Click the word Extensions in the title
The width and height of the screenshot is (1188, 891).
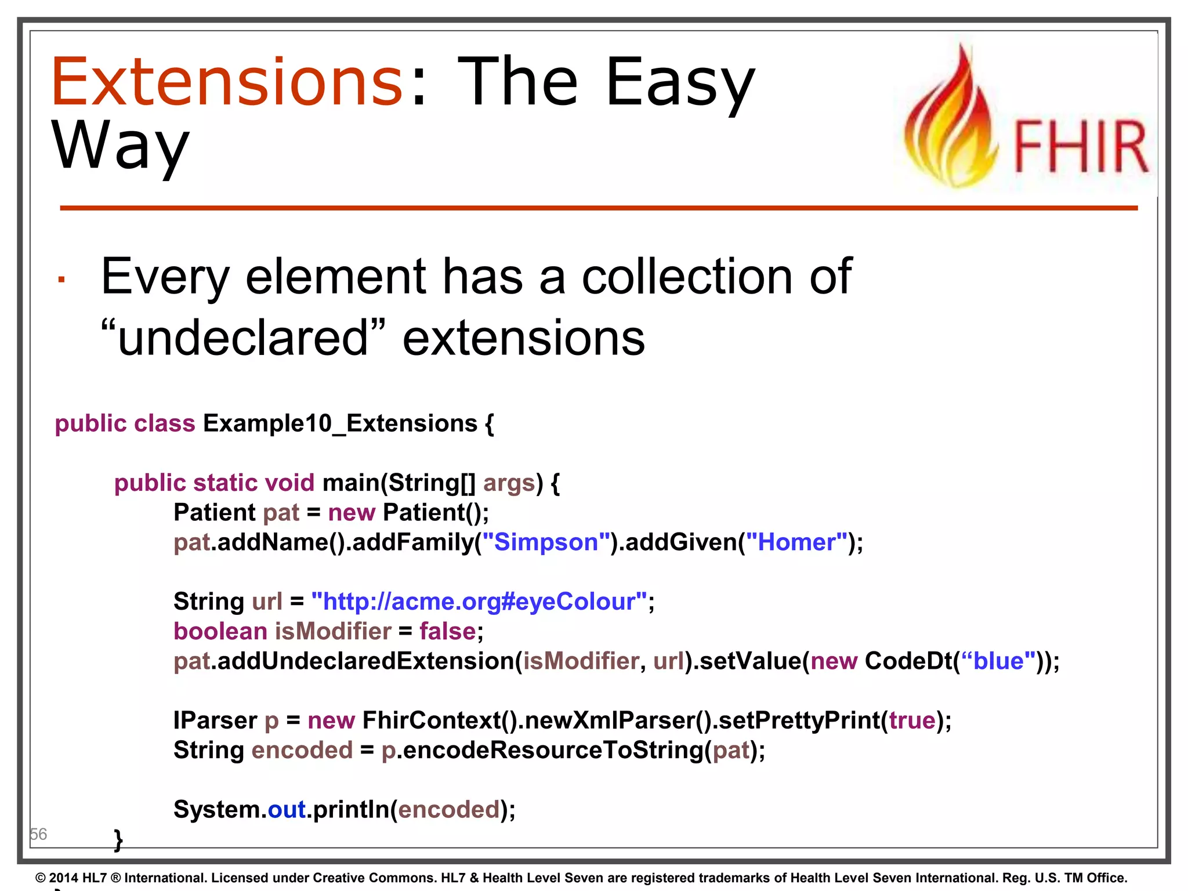(226, 82)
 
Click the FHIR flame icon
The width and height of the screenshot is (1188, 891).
(952, 122)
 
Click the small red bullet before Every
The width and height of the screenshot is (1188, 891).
(61, 280)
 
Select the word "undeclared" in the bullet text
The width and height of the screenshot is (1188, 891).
(242, 338)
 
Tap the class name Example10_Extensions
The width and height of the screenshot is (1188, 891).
(340, 423)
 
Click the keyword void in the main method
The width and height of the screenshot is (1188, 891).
(289, 483)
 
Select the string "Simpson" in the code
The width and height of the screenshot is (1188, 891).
(546, 542)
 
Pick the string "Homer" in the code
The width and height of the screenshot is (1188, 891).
(796, 542)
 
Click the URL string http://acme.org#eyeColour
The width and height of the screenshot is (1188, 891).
(479, 602)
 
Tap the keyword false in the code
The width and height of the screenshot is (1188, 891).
(447, 631)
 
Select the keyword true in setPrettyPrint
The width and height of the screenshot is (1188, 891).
(912, 720)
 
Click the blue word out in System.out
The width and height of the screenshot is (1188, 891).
(287, 809)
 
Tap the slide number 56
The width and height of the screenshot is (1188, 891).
(38, 834)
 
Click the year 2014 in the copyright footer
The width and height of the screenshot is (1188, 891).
(63, 878)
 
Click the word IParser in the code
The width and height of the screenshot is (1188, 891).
(215, 720)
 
